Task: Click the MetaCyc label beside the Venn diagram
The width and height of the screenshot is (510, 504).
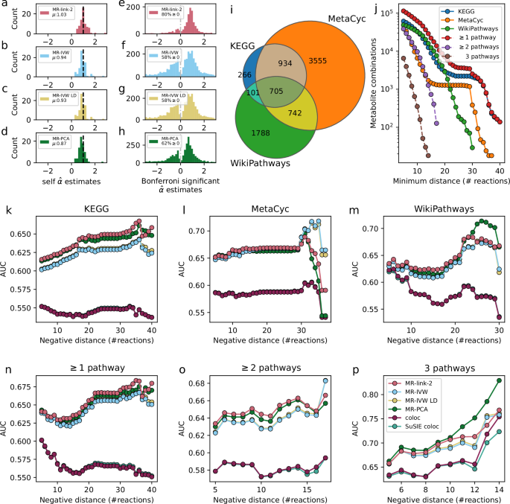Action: (x=324, y=18)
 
